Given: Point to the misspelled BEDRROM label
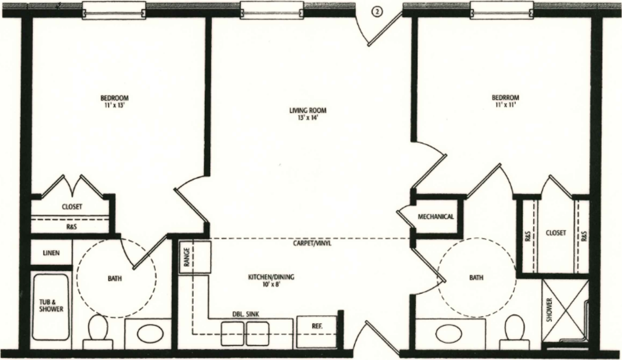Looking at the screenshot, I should (x=505, y=98).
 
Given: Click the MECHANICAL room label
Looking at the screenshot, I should (x=436, y=217).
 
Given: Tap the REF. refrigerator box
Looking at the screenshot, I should (x=317, y=326).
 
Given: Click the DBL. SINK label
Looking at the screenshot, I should (x=246, y=314).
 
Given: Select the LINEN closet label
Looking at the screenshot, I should (x=51, y=253).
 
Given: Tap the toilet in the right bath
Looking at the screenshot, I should (x=514, y=328).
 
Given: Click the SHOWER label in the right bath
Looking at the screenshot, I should (x=550, y=310).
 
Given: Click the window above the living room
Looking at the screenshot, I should (x=272, y=10).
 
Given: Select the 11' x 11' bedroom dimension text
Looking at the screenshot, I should (x=505, y=105).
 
